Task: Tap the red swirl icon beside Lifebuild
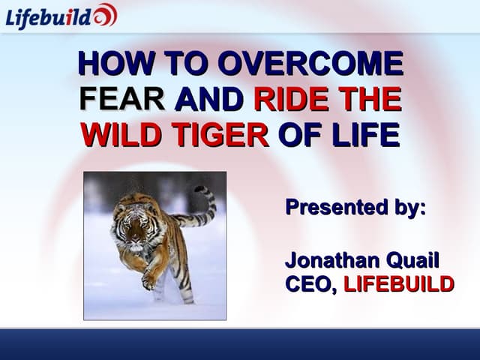pos(105,15)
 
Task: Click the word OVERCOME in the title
pos(311,64)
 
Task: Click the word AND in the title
pos(209,100)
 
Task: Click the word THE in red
pos(368,100)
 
